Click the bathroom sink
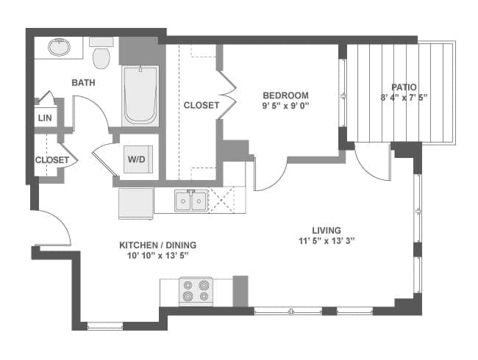point(59,48)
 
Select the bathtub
point(140,96)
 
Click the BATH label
point(83,82)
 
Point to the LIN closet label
point(44,118)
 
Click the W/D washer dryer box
point(137,159)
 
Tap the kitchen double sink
point(190,201)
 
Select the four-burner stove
point(196,291)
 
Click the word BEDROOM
point(286,96)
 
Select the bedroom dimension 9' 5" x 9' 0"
point(286,106)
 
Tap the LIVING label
point(326,230)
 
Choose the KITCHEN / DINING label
point(158,245)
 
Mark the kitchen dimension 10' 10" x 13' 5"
point(158,256)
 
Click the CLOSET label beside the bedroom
point(201,105)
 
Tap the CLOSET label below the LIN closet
point(51,159)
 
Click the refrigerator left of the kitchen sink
point(136,204)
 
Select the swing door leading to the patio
point(371,163)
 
